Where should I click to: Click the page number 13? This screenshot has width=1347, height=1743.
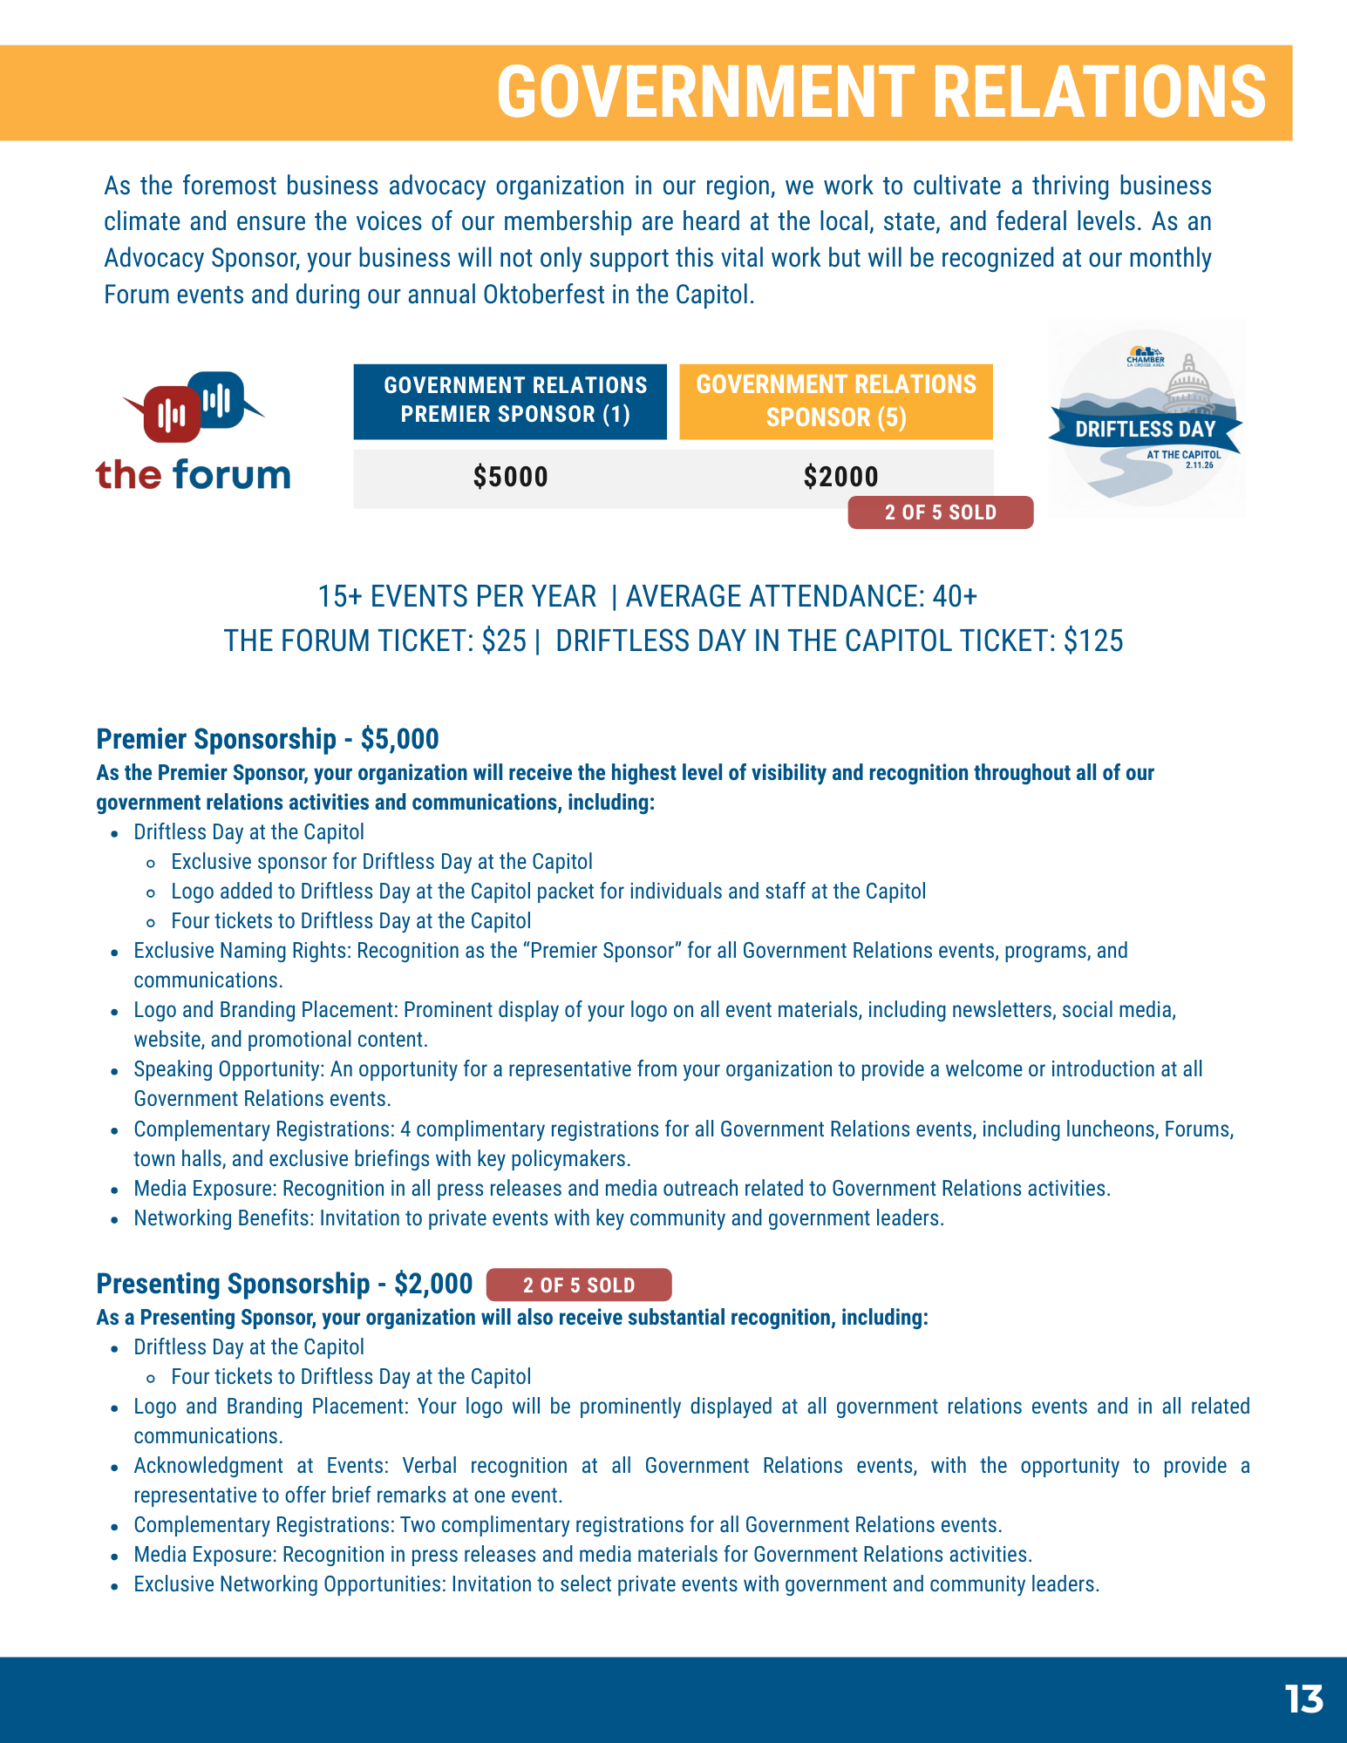(x=1303, y=1699)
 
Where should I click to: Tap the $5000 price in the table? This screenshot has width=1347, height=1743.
(x=510, y=477)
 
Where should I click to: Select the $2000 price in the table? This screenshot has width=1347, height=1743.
(x=840, y=477)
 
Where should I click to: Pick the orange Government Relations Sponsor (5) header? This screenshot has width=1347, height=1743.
(x=835, y=401)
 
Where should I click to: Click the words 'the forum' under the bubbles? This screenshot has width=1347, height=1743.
(x=193, y=475)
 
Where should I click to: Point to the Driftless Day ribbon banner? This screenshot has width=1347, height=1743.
(x=1145, y=429)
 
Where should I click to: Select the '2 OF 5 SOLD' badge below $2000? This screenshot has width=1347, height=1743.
(x=940, y=512)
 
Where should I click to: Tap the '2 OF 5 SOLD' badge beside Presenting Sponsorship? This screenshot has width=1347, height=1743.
(x=579, y=1285)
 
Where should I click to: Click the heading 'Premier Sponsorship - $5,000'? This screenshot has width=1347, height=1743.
(x=268, y=739)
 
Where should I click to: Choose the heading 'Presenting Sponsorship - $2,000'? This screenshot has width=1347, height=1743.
(x=284, y=1284)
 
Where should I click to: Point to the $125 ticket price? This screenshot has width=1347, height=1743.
(x=1093, y=641)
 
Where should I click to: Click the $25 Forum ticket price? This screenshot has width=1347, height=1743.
(x=504, y=641)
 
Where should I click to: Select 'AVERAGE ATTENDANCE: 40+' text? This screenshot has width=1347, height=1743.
(x=801, y=596)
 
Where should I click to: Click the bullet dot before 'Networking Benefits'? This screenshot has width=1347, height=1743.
(x=114, y=1219)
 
